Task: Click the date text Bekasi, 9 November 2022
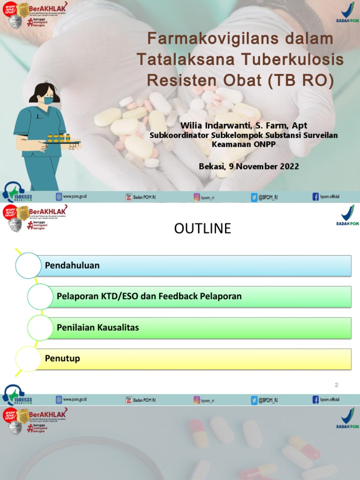pos(248,166)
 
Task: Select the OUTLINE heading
pos(202,228)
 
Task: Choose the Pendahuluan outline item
pos(72,265)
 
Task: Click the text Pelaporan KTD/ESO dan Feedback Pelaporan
pos(149,296)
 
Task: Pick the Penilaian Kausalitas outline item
pos(97,328)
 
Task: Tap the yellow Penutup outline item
pos(62,359)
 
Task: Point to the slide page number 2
pos(336,385)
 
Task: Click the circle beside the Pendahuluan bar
pos(29,265)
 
